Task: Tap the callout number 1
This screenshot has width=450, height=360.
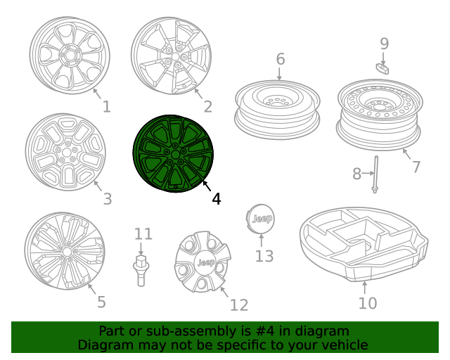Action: click(x=106, y=107)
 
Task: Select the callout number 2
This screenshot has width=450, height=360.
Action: click(x=207, y=107)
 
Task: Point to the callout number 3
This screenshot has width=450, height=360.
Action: click(x=107, y=199)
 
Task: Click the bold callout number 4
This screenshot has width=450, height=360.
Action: click(x=216, y=199)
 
